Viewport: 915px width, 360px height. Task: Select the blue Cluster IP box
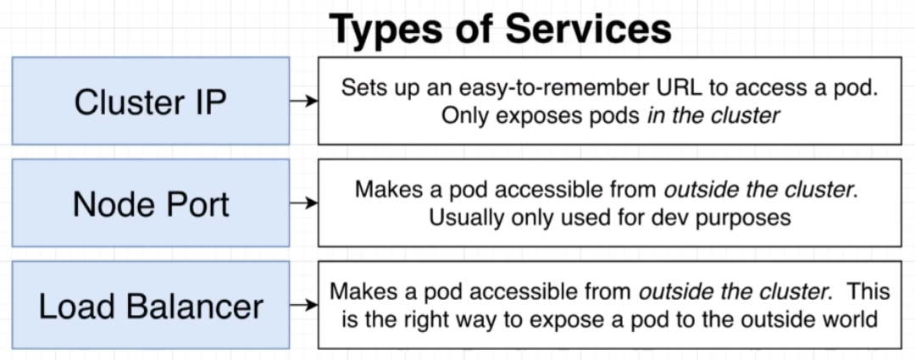(151, 101)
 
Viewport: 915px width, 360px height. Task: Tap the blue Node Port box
(151, 203)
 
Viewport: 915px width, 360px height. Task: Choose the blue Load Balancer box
(151, 305)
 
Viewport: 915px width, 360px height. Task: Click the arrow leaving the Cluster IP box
(304, 101)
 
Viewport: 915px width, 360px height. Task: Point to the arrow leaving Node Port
(304, 203)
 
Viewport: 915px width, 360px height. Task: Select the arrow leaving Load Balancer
(304, 305)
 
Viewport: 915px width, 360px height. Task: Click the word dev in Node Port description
(667, 218)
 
